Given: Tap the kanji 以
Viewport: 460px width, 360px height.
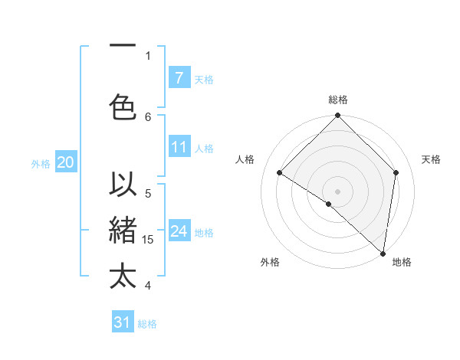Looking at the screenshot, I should coord(123,186).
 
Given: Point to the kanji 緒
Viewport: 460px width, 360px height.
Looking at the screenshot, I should coord(123,231).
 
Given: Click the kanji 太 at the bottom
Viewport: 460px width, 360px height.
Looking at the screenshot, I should coord(123,276).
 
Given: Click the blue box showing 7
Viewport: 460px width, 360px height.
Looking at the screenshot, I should coord(179,77).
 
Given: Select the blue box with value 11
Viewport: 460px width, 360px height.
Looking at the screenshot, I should coord(179,147).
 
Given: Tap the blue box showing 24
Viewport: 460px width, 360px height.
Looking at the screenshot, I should coord(179,231).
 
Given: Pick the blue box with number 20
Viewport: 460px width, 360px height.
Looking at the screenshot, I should coord(65,162).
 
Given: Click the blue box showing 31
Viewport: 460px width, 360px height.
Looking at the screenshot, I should coord(123,322).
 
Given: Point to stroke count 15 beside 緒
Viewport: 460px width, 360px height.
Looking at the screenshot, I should coord(149,239).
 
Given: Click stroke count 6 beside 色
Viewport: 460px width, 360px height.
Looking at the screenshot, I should coord(149,116).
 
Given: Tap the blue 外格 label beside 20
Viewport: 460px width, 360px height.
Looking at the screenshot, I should coord(41,163).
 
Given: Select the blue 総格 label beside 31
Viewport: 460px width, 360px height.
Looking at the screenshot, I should coord(147,324).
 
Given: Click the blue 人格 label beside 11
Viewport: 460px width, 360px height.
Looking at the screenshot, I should coord(204,148).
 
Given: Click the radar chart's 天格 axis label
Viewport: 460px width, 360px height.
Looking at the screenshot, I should coord(431,159).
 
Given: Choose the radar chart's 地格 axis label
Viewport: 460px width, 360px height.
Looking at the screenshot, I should coord(402,262).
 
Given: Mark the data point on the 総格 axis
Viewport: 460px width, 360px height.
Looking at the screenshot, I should coord(337,116).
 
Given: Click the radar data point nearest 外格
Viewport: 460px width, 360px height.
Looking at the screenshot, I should coord(329,204).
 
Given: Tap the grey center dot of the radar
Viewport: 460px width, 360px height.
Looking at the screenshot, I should coord(337,191).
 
